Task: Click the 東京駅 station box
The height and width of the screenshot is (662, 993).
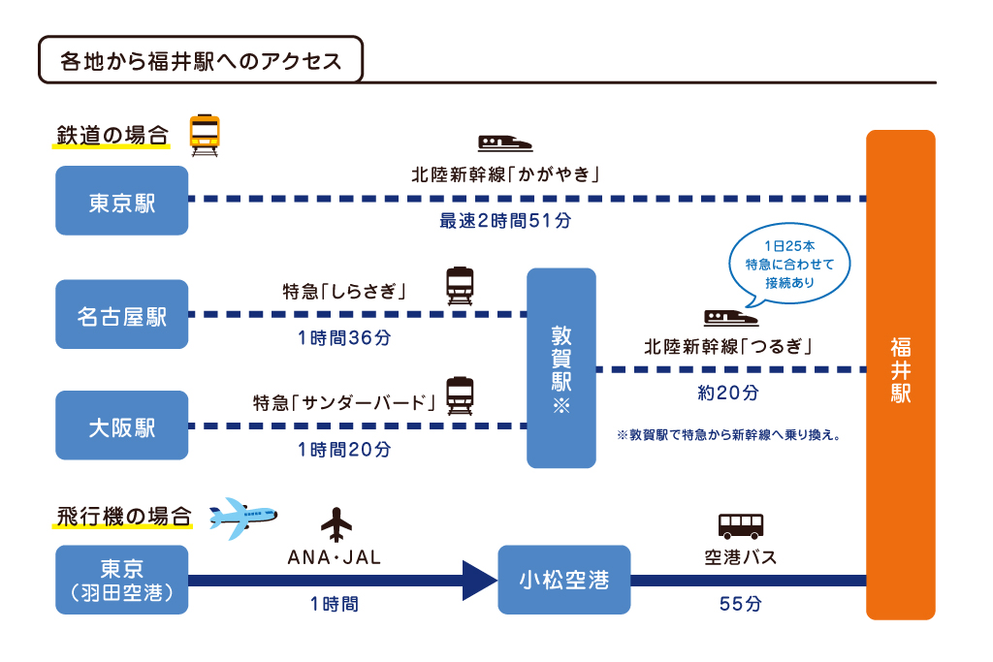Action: [121, 201]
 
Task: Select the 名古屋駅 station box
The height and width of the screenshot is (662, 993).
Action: [121, 315]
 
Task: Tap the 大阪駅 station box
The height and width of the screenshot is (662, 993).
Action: [121, 426]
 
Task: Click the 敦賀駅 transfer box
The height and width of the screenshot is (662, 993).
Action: [561, 368]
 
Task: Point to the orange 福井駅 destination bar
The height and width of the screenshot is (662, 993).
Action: [900, 374]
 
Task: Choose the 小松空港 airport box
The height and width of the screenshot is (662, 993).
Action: [563, 580]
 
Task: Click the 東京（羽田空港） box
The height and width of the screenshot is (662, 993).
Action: [121, 580]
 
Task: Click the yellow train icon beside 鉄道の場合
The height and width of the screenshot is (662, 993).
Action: [205, 135]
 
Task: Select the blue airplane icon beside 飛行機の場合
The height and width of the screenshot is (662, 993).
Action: [242, 517]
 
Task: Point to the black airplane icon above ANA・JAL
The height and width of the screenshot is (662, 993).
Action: [336, 524]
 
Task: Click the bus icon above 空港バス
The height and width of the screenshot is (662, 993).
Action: [740, 525]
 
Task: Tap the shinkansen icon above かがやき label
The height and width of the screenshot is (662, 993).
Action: [504, 142]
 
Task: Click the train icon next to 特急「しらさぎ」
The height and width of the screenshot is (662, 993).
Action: [460, 286]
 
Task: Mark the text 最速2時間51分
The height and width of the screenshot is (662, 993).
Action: [505, 221]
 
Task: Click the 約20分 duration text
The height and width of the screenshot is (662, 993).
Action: [727, 393]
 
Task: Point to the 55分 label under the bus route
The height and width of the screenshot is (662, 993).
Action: [740, 604]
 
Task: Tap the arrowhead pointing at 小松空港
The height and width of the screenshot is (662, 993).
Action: [479, 580]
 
